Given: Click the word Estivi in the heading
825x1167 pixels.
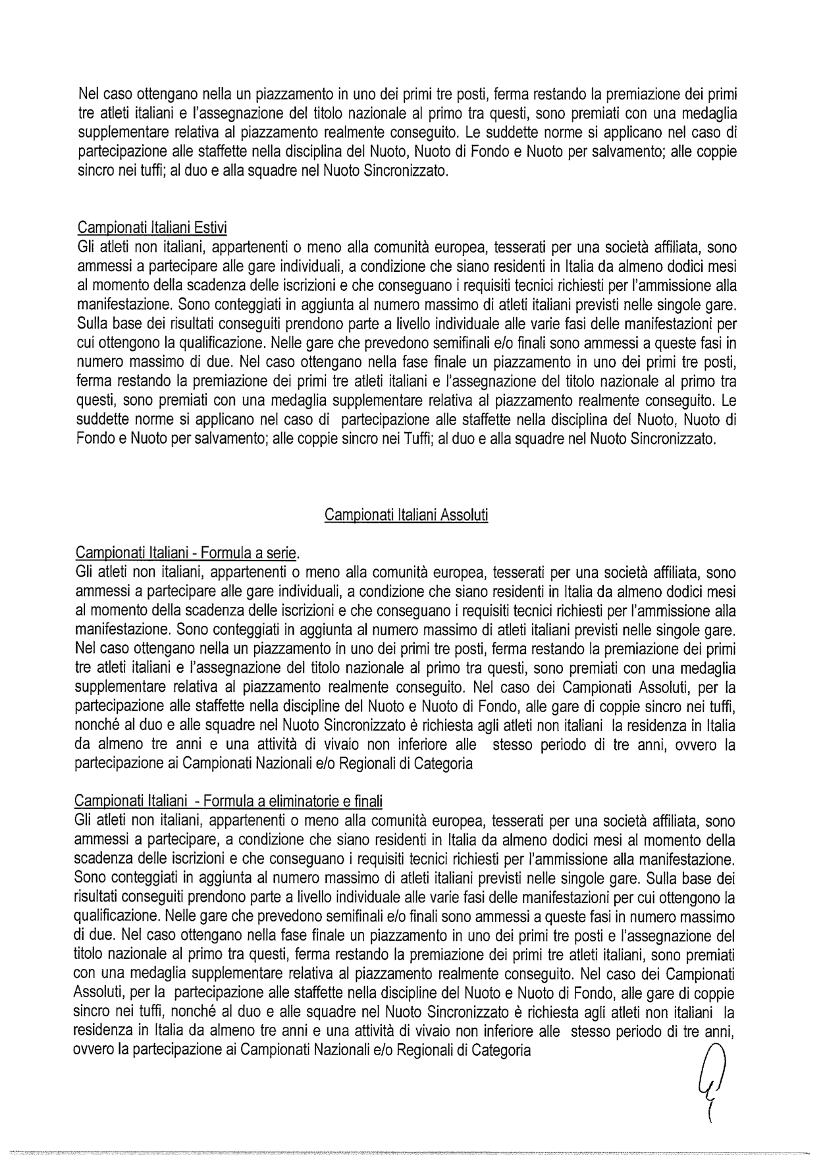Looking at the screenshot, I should (x=210, y=228).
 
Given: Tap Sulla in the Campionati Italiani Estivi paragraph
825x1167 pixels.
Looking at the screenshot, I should (x=92, y=324).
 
